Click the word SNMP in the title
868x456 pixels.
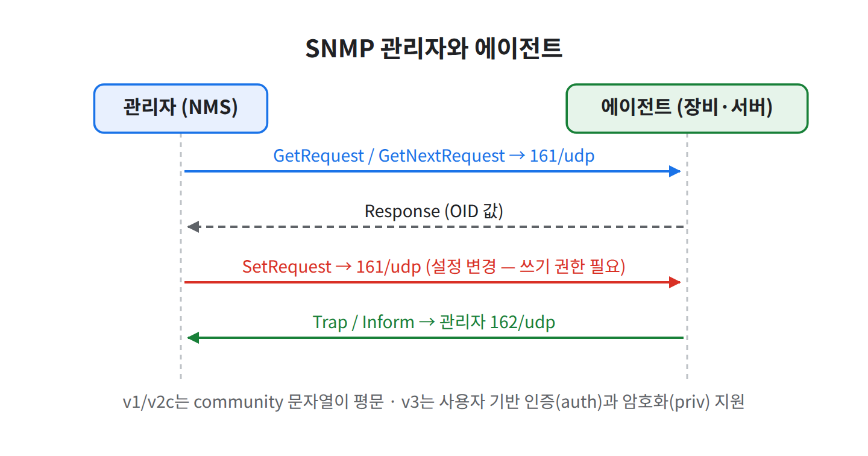pyautogui.click(x=340, y=49)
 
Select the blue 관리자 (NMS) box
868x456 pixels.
pyautogui.click(x=181, y=109)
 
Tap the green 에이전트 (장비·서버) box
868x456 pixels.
pyautogui.click(x=687, y=109)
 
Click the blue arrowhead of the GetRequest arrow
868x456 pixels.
pyautogui.click(x=675, y=171)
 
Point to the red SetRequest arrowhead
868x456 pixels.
pyautogui.click(x=675, y=282)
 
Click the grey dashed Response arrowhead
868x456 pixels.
pyautogui.click(x=193, y=227)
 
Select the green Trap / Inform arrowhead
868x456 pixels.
pyautogui.click(x=193, y=338)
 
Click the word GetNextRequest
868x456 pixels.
pyautogui.click(x=441, y=156)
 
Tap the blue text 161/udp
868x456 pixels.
pyautogui.click(x=562, y=156)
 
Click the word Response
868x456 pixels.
pyautogui.click(x=402, y=212)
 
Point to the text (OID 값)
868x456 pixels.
pyautogui.click(x=474, y=212)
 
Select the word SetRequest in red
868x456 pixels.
pyautogui.click(x=287, y=267)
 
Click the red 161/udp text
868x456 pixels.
pyautogui.click(x=389, y=267)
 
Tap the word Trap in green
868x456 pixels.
pyautogui.click(x=330, y=323)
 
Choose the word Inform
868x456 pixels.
pyautogui.click(x=388, y=322)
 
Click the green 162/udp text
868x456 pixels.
pyautogui.click(x=523, y=323)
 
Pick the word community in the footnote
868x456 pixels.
pyautogui.click(x=238, y=402)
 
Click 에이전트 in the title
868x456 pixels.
pyautogui.click(x=518, y=49)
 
